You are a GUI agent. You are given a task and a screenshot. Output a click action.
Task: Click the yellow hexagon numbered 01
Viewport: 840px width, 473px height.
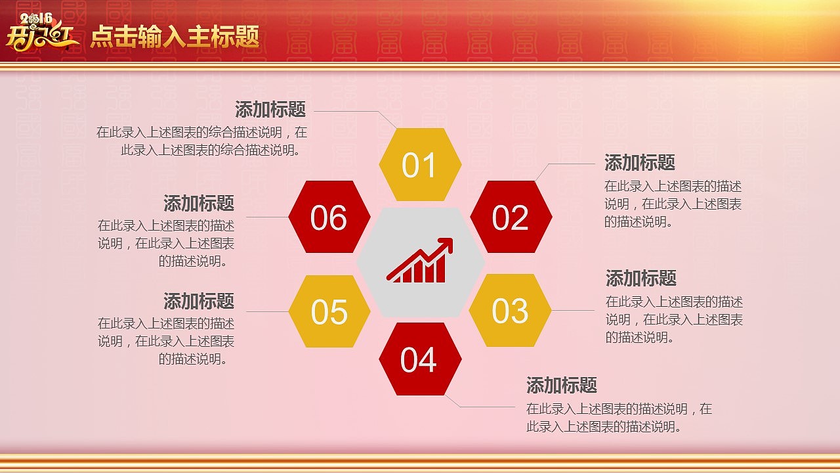tap(420, 165)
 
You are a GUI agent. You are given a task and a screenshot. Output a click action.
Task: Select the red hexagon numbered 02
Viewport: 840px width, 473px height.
tap(511, 217)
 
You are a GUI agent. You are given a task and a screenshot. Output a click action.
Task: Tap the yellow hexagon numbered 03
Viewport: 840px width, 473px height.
tap(510, 311)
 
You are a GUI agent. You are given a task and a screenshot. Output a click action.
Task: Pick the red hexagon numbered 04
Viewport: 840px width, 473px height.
tap(419, 359)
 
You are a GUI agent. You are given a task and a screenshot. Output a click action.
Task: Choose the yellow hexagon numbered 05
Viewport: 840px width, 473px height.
tap(329, 311)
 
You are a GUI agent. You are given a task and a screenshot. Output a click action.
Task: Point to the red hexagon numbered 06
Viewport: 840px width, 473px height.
tap(329, 217)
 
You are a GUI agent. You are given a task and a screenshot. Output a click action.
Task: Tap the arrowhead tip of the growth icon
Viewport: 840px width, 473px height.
tap(450, 241)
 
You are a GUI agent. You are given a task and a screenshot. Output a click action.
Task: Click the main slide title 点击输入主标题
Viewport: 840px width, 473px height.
tap(175, 37)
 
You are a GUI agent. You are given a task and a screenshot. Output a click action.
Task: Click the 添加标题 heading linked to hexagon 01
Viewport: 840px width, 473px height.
tap(270, 109)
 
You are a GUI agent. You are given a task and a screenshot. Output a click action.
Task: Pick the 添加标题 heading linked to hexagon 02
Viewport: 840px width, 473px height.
tap(640, 162)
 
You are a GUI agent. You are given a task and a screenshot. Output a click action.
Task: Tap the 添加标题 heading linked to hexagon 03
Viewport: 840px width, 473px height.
tap(641, 278)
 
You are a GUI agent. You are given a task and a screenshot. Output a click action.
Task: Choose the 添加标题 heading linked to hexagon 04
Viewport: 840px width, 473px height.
tap(562, 385)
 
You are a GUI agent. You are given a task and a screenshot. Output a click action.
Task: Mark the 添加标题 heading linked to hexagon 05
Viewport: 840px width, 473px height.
tap(199, 302)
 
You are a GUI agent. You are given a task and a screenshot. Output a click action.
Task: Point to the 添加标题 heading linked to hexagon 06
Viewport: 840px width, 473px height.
tap(199, 203)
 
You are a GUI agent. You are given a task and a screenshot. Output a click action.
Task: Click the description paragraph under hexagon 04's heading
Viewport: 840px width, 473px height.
tap(619, 418)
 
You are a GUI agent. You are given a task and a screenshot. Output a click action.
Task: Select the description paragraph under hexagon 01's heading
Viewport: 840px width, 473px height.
tap(202, 141)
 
